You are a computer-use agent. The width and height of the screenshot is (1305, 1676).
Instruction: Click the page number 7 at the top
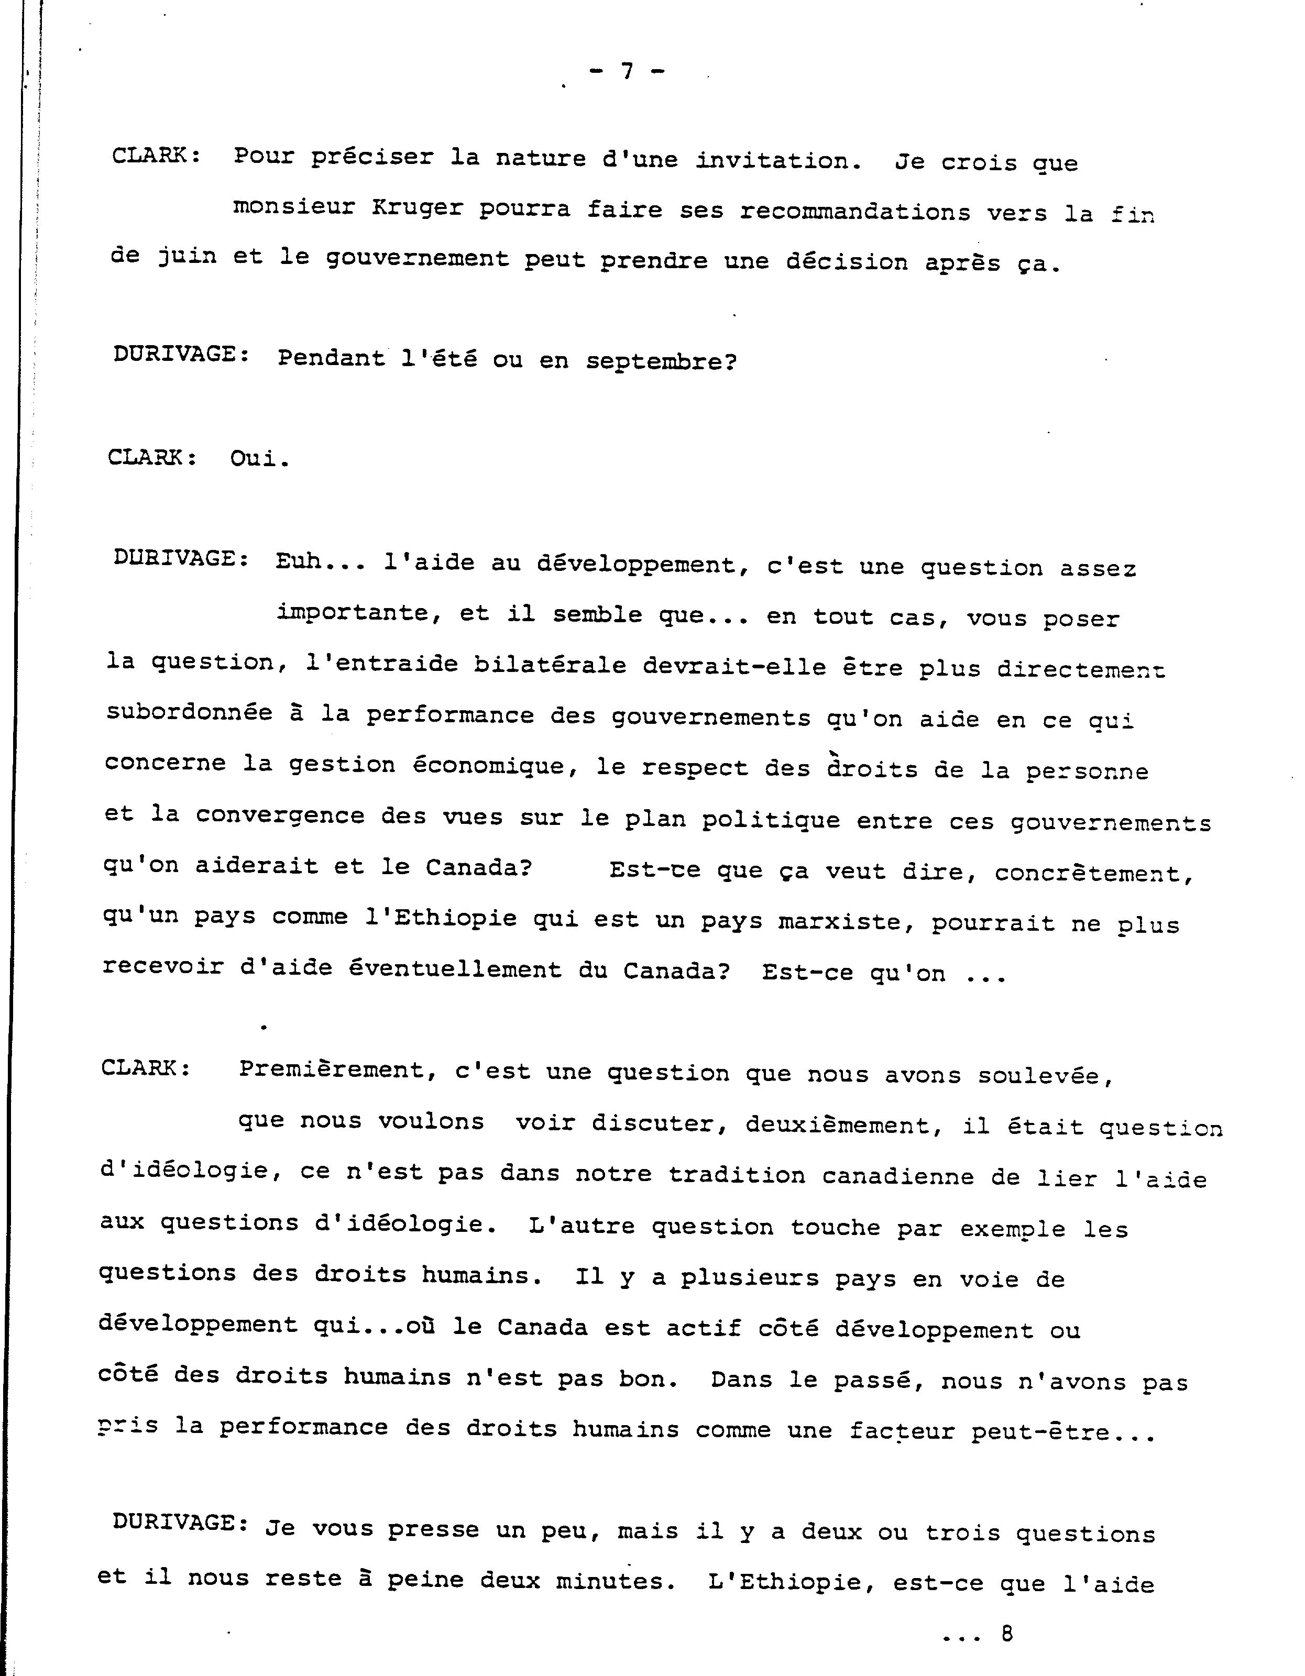627,71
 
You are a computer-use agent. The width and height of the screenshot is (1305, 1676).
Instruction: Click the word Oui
259,459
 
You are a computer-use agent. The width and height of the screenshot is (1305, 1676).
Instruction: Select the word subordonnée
189,713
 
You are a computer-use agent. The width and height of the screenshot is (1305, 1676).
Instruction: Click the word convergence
279,816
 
